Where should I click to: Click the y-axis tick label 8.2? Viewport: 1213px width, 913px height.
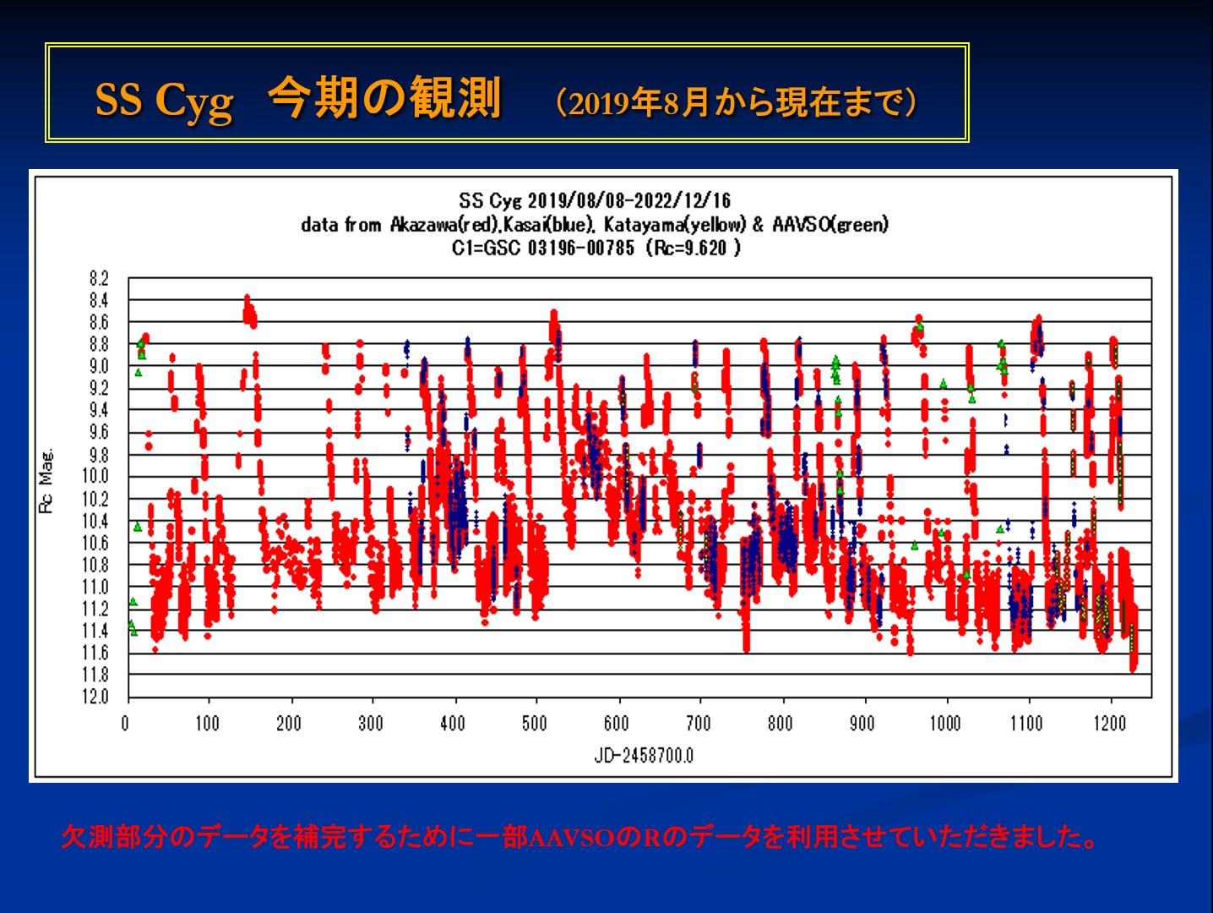click(x=99, y=278)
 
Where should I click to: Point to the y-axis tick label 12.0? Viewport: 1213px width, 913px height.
click(x=95, y=697)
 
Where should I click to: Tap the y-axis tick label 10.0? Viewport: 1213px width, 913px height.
click(x=95, y=476)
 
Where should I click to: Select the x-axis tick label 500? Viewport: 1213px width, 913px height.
click(x=534, y=724)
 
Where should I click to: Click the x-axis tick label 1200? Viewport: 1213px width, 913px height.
click(x=1109, y=724)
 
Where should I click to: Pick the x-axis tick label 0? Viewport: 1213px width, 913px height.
click(x=126, y=724)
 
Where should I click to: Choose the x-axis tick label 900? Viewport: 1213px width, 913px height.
click(x=862, y=724)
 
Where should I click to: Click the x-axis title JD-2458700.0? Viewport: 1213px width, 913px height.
click(x=644, y=755)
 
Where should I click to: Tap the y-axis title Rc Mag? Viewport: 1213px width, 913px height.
click(x=46, y=480)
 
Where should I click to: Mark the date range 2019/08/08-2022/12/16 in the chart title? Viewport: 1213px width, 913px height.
click(x=629, y=201)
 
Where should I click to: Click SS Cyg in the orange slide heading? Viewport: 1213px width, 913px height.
click(x=164, y=101)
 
